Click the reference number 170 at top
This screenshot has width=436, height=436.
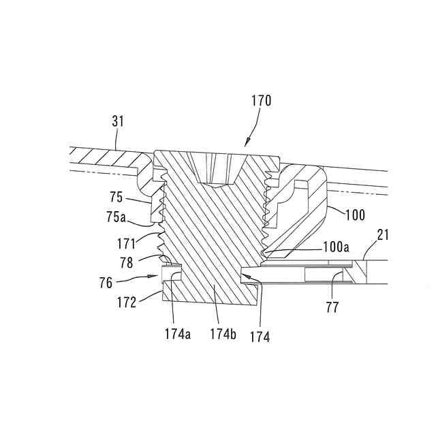point(260,102)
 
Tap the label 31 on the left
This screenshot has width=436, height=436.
point(117,122)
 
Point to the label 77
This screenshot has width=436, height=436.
point(332,308)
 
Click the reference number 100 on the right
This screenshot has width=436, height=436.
point(355,215)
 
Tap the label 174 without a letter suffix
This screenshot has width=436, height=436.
point(259,336)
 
